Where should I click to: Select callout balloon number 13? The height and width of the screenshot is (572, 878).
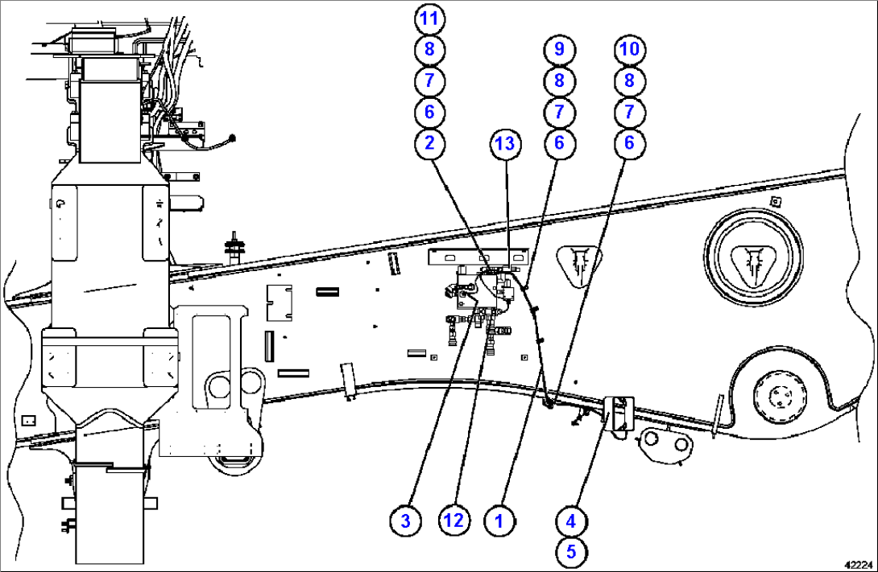coord(505,144)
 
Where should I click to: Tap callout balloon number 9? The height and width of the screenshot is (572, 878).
coord(558,49)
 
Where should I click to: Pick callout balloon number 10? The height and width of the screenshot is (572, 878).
coord(630,49)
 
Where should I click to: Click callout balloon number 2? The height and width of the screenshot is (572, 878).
coord(429,143)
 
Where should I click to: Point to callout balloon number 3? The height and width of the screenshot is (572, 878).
coord(406,521)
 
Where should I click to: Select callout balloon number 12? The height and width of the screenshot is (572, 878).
coord(453,521)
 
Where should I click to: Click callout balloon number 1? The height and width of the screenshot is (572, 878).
coord(499,521)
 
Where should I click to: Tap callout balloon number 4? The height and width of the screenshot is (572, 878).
coord(570,521)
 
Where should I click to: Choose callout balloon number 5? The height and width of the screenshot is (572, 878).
coord(570,552)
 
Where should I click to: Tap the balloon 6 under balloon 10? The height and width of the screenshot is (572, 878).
coord(630,143)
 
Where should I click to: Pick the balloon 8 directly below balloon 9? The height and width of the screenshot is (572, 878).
coord(558,80)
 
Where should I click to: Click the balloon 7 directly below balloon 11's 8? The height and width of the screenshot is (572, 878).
coord(429,80)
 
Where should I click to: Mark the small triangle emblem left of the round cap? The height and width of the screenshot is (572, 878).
coord(578,263)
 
